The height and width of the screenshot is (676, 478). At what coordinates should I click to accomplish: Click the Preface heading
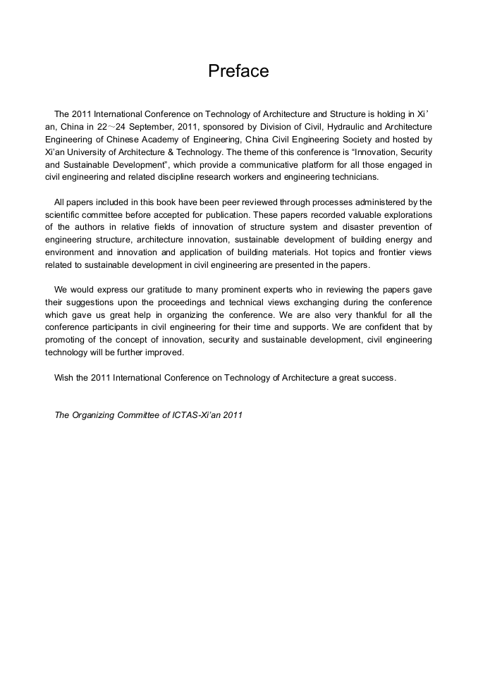[238, 71]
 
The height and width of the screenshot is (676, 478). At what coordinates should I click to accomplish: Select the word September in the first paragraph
[154, 127]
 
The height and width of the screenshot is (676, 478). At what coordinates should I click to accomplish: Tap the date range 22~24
[112, 127]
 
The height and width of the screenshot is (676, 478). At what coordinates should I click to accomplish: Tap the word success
[379, 377]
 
